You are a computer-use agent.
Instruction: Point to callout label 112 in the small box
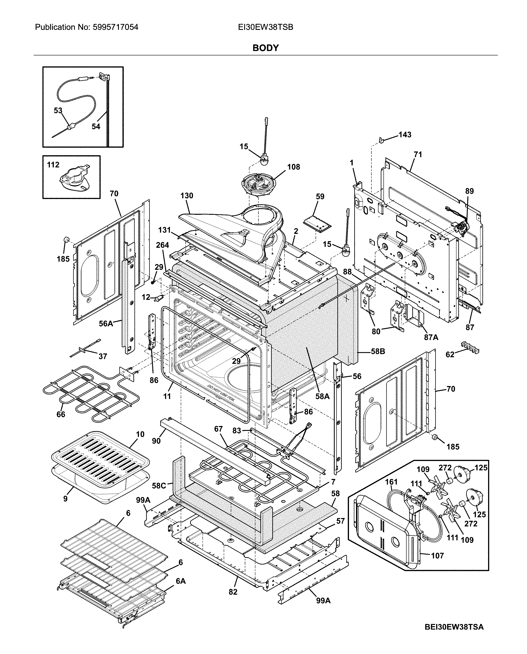53,165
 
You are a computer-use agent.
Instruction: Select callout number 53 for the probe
58,111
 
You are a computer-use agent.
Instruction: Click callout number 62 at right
450,354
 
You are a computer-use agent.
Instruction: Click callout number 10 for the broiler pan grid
140,434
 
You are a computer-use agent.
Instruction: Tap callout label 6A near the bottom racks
181,581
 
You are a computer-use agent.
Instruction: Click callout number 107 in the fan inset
438,556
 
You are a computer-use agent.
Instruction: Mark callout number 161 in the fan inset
391,482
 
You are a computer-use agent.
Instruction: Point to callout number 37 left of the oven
103,356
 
